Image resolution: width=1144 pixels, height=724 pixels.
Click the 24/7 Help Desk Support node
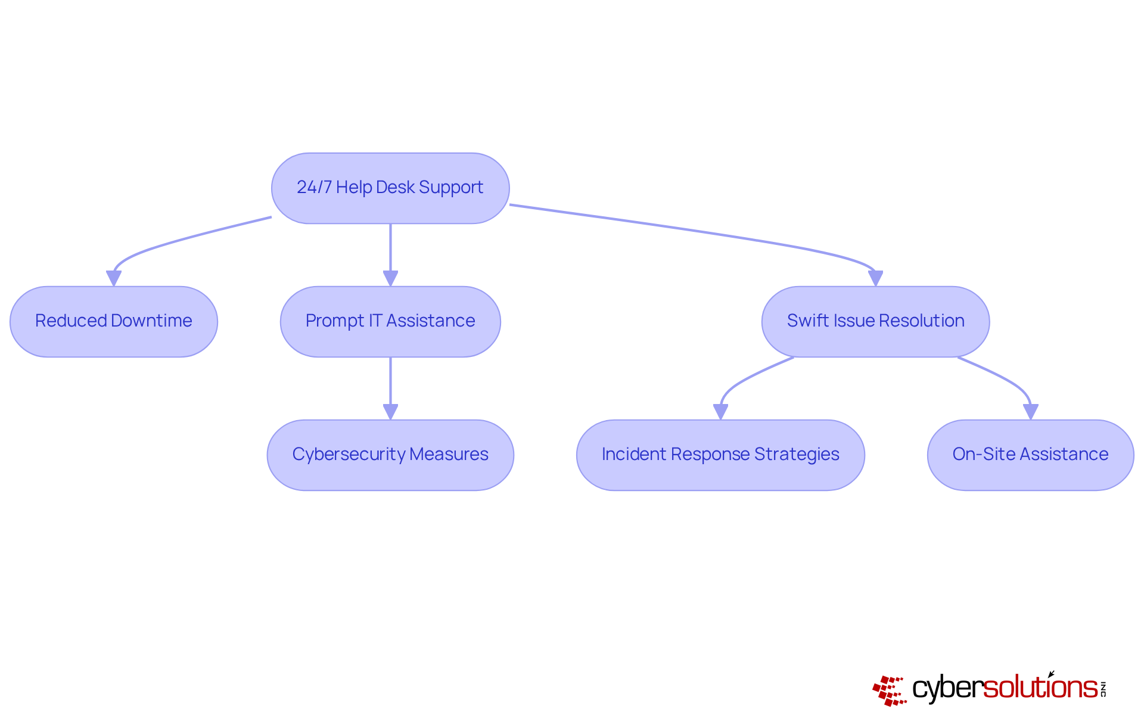coord(390,188)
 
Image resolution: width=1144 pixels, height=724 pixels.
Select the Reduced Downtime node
coord(114,322)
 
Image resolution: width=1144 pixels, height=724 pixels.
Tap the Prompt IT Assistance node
coord(390,322)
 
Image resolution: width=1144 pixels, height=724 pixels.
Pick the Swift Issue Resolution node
coord(875,322)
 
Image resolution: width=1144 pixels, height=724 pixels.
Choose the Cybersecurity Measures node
coord(390,455)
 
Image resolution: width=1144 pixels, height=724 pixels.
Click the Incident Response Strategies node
coord(720,455)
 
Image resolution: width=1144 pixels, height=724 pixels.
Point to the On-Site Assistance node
coord(1030,455)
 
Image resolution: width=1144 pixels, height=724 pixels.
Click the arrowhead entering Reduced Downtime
coord(114,278)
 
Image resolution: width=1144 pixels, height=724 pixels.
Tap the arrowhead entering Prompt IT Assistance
coord(390,278)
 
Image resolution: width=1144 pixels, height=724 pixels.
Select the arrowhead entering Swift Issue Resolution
coord(875,278)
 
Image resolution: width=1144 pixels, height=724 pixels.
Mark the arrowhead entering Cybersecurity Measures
coord(390,412)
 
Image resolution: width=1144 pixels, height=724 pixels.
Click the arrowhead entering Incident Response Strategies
coord(720,412)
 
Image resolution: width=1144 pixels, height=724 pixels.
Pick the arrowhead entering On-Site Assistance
coord(1030,412)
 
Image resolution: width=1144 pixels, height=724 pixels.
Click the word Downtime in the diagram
coord(151,321)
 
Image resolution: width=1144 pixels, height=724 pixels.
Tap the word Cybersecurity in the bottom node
coord(349,454)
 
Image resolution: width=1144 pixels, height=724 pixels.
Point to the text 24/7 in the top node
coord(314,187)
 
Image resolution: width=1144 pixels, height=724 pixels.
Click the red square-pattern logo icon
coord(890,691)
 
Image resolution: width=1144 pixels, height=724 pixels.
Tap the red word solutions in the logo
coord(1040,688)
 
